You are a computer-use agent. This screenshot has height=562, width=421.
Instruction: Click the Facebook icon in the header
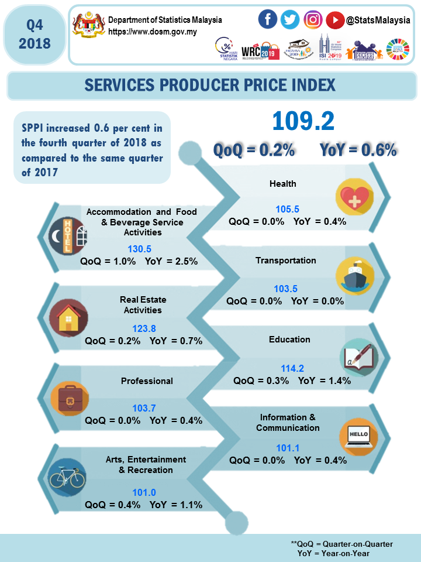tap(268, 20)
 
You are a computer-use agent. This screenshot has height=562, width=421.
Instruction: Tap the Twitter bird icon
tap(290, 20)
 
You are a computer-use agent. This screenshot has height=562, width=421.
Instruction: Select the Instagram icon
tap(313, 20)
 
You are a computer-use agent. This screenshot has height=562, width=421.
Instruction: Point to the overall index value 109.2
tap(303, 121)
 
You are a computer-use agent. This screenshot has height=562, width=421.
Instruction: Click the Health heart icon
tap(355, 196)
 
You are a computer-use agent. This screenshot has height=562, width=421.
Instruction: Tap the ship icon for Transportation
tap(355, 275)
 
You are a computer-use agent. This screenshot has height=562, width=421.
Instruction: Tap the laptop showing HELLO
tap(358, 435)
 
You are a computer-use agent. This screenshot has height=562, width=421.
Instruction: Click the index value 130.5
tap(139, 249)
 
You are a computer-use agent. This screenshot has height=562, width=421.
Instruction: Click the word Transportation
tap(286, 261)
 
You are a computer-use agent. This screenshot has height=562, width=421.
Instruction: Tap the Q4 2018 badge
tap(34, 34)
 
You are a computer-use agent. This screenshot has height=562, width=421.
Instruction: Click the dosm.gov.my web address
tap(148, 31)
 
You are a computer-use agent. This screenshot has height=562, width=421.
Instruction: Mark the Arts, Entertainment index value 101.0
tap(144, 492)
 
